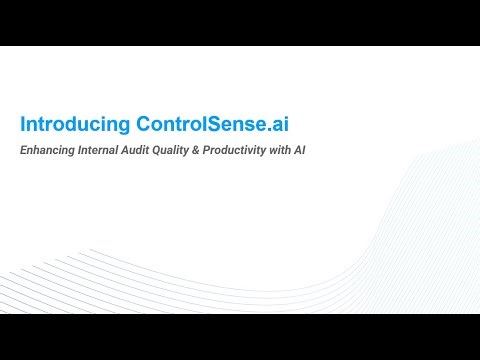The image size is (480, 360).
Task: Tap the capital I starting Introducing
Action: pyautogui.click(x=23, y=124)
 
